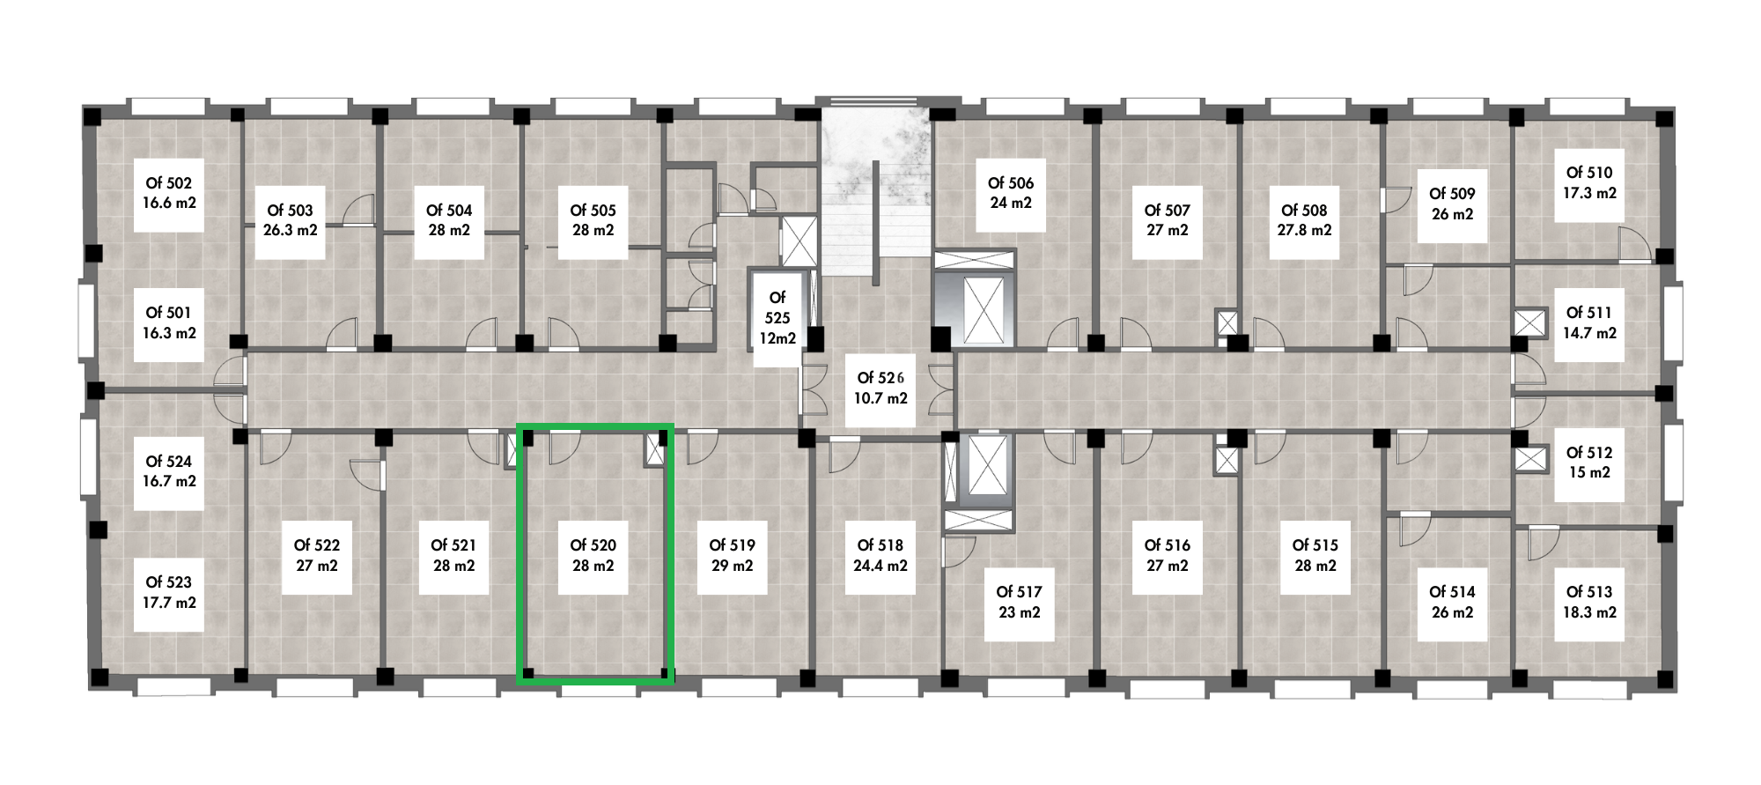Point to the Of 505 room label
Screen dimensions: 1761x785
point(593,220)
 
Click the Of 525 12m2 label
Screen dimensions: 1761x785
point(777,318)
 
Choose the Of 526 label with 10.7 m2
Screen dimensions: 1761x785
point(880,388)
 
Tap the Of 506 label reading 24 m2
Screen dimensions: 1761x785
point(1010,193)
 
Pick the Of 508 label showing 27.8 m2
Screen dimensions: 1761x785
point(1304,220)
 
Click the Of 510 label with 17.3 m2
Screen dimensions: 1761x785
point(1589,182)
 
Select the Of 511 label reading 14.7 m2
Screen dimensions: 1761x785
point(1589,323)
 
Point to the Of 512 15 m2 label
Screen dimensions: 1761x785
point(1589,463)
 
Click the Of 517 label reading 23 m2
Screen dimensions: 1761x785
point(1019,603)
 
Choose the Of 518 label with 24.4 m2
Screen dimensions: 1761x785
point(880,556)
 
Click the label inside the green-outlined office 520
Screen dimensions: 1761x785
point(593,556)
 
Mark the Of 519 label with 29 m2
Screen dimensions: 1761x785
point(732,556)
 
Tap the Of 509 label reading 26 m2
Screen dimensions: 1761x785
point(1452,204)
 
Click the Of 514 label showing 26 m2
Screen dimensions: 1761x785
point(1452,603)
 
